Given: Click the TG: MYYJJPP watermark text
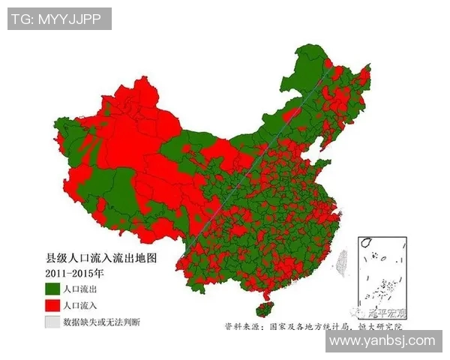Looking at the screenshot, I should point(60,19).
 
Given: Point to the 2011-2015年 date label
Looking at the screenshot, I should point(73,273).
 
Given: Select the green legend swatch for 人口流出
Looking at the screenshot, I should point(52,288).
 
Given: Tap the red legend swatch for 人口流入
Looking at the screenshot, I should point(52,305).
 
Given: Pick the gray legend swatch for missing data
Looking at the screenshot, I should point(52,322).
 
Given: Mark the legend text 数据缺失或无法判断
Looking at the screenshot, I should point(101,322).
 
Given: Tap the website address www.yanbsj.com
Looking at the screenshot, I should point(382,341).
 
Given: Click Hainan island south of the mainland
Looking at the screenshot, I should point(262,309).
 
